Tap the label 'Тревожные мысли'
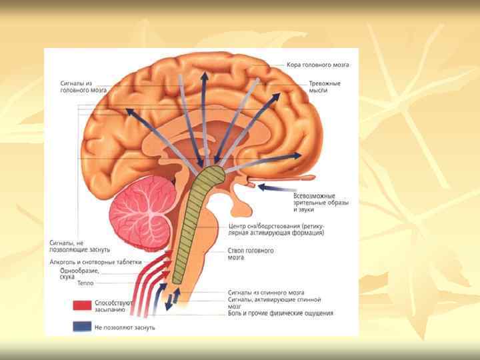pos(325,87)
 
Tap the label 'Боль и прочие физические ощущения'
pos(280,313)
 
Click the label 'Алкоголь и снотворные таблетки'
pos(96,262)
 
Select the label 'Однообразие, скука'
pos(80,273)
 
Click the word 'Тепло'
pos(86,284)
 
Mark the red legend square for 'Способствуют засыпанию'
pos(82,305)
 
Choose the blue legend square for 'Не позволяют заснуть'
pos(82,327)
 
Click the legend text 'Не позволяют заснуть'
pos(125,327)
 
